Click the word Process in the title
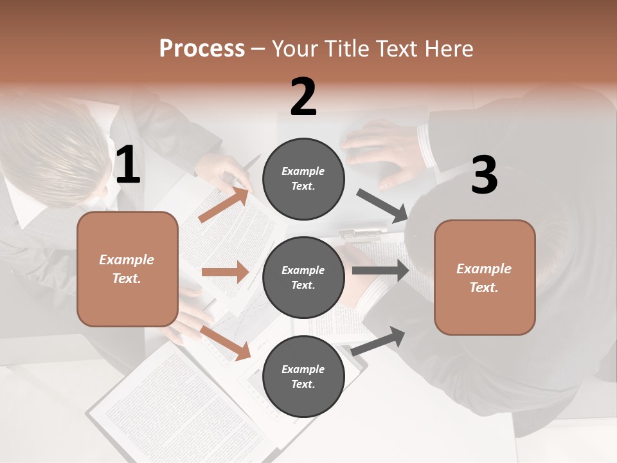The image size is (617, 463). pos(202,48)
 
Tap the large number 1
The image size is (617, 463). pos(128,165)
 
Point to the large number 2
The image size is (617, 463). pos(303,97)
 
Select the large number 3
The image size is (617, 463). pos(484,176)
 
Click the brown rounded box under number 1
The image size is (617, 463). pos(127,269)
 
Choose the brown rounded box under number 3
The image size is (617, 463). pos(485,278)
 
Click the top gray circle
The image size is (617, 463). pos(303,179)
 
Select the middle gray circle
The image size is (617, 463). pos(303,278)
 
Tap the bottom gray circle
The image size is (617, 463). pos(303,377)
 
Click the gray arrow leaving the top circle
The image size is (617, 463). pos(382,206)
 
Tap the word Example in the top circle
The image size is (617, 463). pos(303,171)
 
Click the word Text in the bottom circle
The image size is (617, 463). pos(302,384)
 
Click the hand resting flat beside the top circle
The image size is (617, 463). pos(379,151)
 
